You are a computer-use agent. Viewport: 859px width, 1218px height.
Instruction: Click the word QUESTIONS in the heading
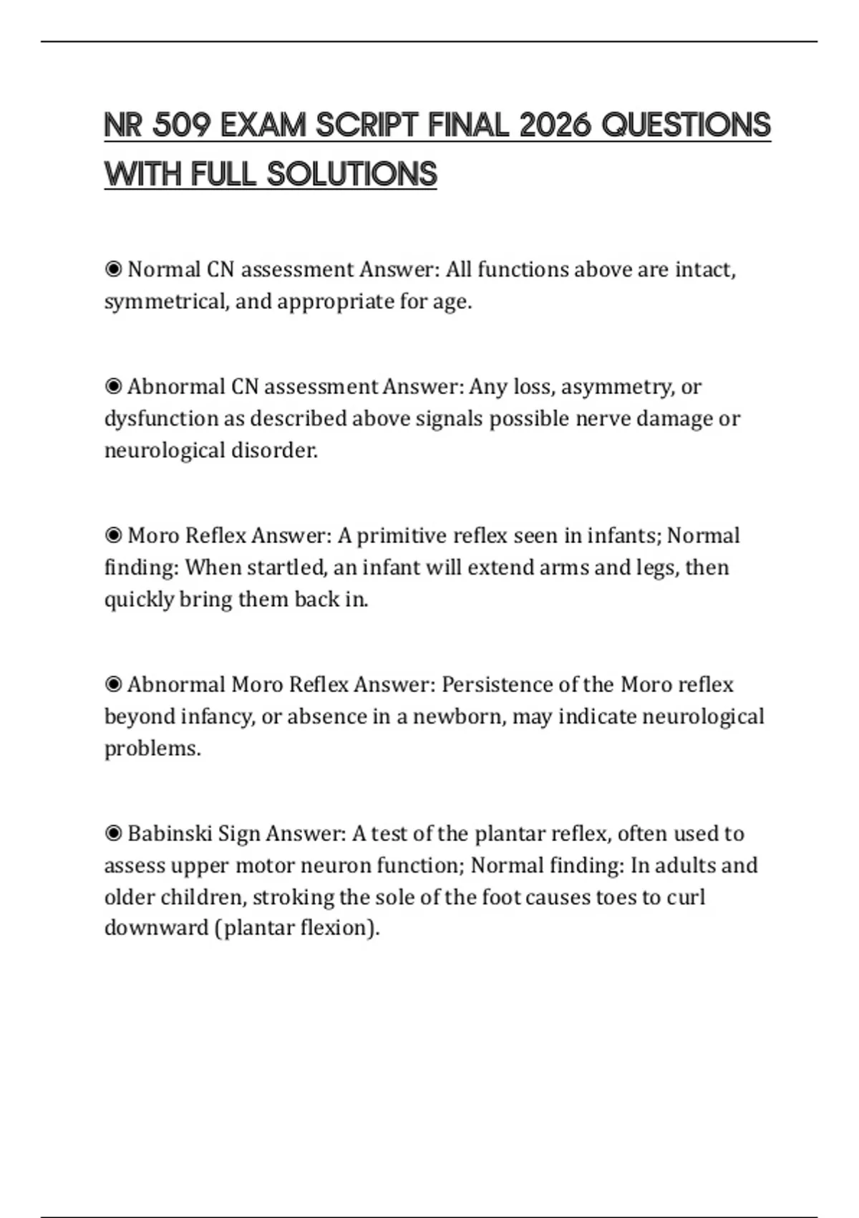(x=686, y=125)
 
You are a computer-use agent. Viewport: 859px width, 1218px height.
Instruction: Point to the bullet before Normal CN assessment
(x=113, y=269)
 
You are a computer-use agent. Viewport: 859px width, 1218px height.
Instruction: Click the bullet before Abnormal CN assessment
(x=113, y=387)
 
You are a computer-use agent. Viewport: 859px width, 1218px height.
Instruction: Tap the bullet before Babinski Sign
(x=113, y=833)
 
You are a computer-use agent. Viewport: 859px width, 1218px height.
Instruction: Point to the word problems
(x=152, y=749)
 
